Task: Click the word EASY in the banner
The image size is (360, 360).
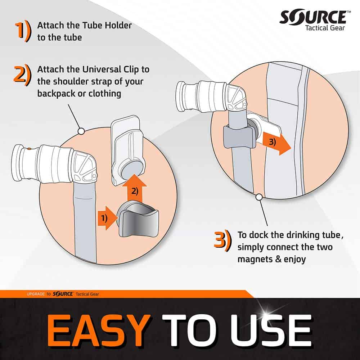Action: tap(99, 330)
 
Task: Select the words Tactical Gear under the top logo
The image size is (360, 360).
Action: tap(325, 28)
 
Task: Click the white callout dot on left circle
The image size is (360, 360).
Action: tap(81, 131)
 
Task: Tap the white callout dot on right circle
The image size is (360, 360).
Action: tap(258, 197)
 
